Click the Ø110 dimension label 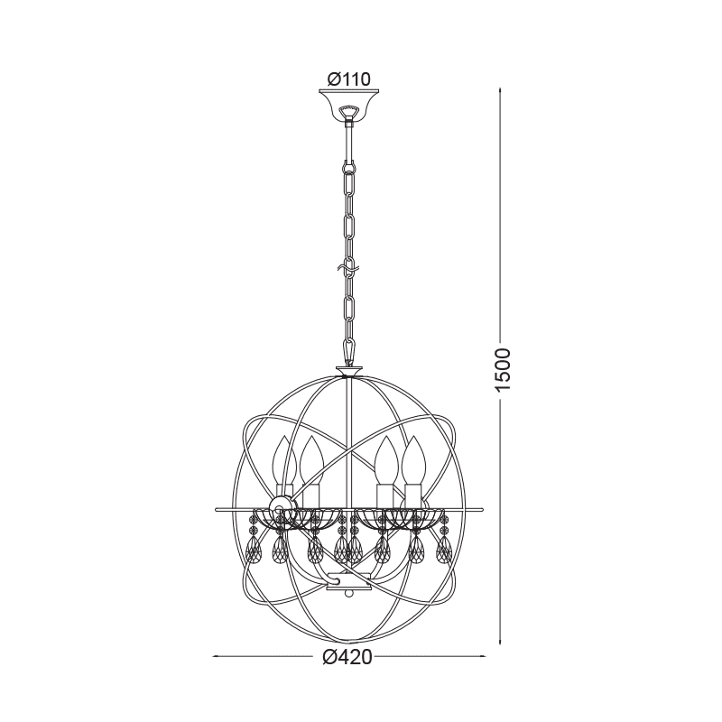pos(348,79)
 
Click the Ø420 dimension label pos(347,657)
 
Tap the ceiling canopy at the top pos(349,105)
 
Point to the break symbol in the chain pos(349,267)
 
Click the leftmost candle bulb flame pos(284,460)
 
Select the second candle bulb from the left pos(312,460)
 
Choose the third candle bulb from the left pos(386,460)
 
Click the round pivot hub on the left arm pos(282,507)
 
